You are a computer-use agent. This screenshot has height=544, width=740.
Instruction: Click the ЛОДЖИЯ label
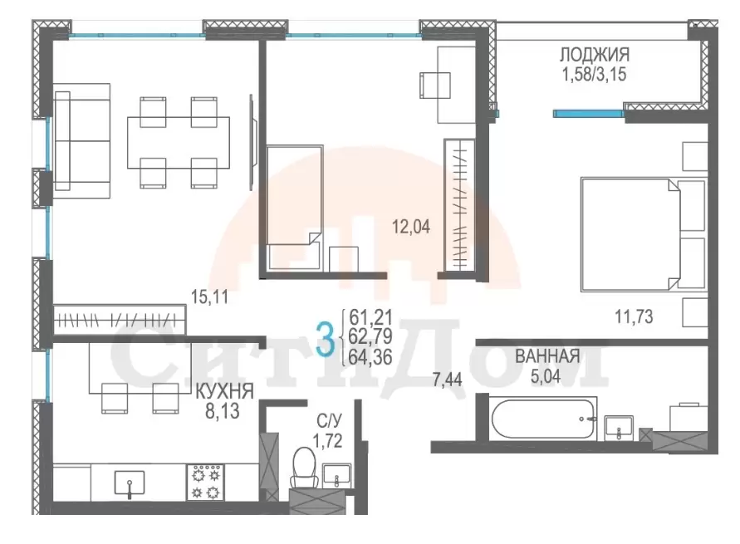594,55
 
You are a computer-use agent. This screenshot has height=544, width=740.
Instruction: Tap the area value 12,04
411,227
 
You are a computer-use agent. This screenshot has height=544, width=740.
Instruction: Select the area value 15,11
209,297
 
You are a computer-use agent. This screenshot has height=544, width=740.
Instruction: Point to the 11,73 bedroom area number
634,316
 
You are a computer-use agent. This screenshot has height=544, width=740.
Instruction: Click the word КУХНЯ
224,391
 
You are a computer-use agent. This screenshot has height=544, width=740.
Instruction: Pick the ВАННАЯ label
547,356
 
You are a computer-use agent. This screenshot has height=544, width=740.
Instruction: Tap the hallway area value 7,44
447,380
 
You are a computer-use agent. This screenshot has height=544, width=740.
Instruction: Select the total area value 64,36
370,358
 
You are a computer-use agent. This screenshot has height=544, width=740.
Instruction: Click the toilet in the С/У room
303,467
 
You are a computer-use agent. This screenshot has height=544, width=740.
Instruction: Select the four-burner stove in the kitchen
206,483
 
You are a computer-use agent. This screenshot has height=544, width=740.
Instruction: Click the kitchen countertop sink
130,483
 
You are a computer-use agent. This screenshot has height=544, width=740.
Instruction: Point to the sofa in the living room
82,140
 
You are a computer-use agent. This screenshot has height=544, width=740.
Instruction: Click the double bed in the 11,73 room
644,234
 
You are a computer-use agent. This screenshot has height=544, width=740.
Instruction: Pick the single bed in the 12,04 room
295,208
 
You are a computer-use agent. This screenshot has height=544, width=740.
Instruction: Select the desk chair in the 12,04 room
434,85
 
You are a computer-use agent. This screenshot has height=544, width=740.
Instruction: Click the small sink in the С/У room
336,475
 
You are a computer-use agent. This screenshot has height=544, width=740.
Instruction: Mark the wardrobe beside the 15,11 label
120,320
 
